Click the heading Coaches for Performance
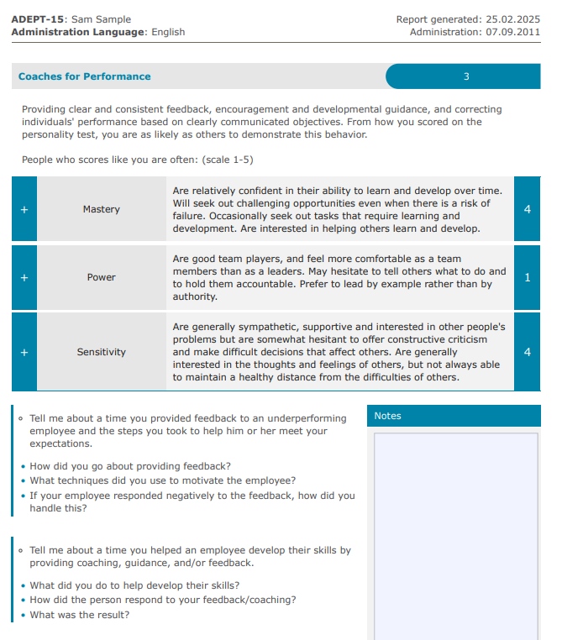coord(84,76)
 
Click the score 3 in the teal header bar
coord(466,76)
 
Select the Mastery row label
coord(101,209)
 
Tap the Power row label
coord(101,277)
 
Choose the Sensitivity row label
coord(101,352)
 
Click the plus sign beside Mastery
coord(24,209)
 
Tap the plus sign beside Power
coord(24,277)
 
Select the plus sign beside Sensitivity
coord(24,352)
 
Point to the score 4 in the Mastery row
coord(527,209)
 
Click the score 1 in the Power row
coord(527,277)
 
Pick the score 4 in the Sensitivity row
coord(527,352)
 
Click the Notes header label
coord(387,416)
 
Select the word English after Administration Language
coord(168,32)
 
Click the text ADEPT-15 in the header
coord(35,19)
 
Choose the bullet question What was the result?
coord(80,615)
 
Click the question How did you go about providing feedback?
coord(130,466)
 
